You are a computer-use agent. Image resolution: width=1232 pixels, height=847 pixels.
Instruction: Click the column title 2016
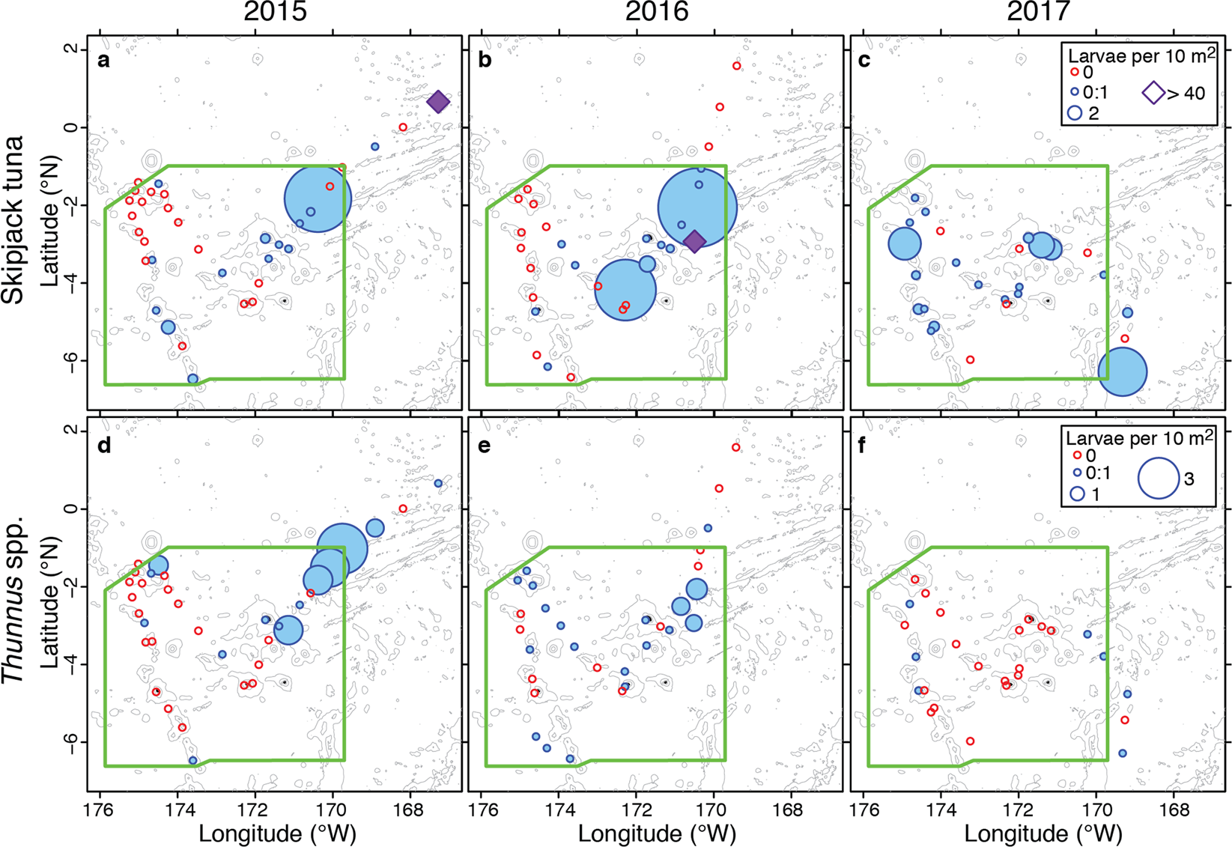[x=656, y=13]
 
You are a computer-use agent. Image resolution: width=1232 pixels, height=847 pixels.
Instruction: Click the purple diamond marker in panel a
[x=438, y=103]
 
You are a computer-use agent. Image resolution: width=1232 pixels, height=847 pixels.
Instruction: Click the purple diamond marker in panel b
[x=694, y=241]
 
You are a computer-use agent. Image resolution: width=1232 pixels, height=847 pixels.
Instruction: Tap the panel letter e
[x=484, y=446]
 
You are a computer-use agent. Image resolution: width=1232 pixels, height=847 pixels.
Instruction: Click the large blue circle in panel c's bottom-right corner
[x=1122, y=371]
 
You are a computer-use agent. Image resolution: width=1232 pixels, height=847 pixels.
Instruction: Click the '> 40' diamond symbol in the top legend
[x=1154, y=93]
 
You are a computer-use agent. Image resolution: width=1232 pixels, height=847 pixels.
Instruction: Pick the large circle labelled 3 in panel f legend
[x=1159, y=477]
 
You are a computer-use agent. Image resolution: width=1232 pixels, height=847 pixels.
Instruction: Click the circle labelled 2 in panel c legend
[x=1075, y=113]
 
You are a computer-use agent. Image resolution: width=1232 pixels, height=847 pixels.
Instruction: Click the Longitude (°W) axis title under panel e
[x=657, y=833]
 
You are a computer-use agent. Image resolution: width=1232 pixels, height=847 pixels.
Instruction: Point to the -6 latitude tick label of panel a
[x=72, y=360]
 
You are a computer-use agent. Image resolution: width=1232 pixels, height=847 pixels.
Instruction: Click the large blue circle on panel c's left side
[x=905, y=243]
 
